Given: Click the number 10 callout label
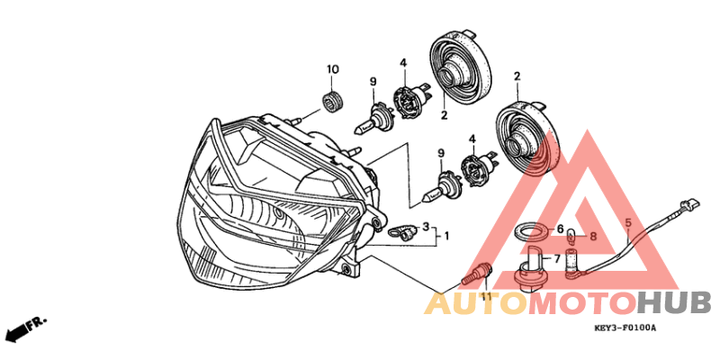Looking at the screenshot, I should tap(333, 69).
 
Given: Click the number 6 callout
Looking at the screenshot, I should tap(559, 230).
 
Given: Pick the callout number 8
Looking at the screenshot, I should tap(592, 238).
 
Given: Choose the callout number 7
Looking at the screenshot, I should tap(558, 257).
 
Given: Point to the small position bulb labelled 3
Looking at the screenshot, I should tap(402, 231).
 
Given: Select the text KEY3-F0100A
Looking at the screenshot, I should tap(625, 328).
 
